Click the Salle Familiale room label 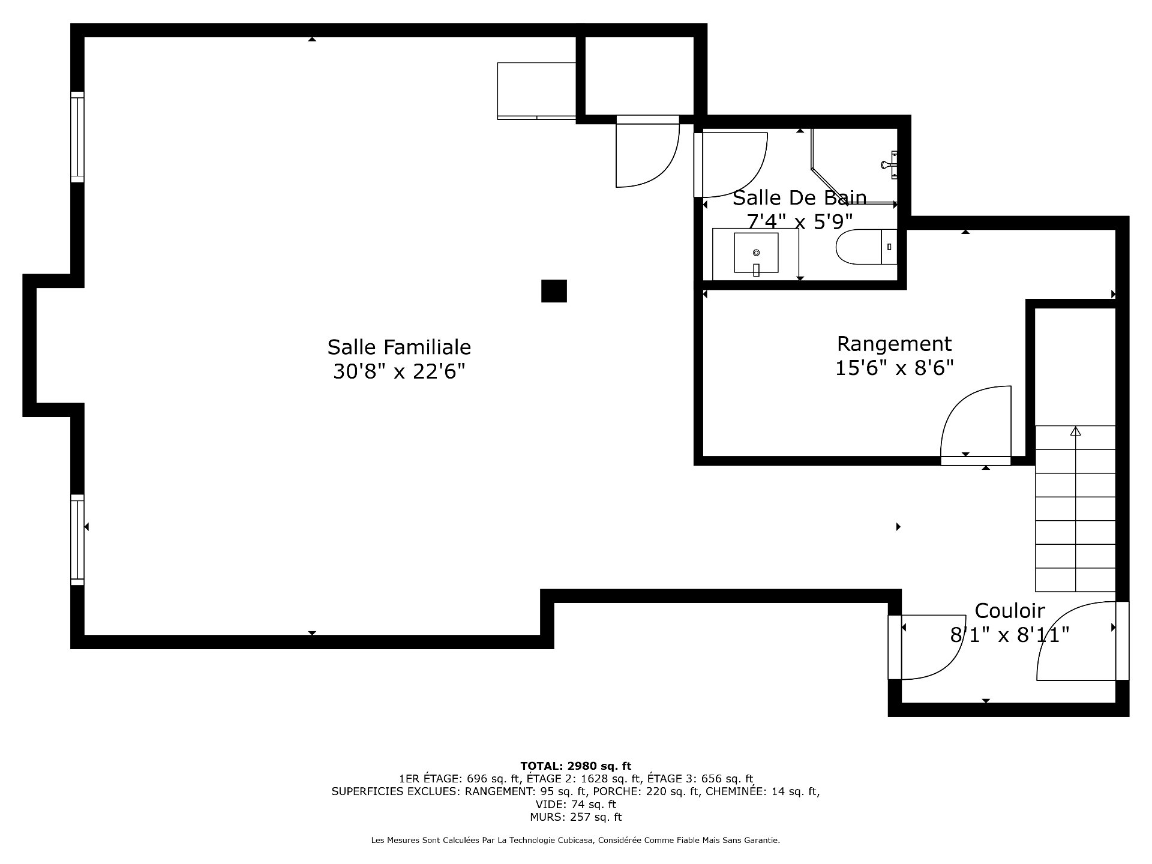tap(399, 347)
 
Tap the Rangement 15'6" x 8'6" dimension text tap(894, 368)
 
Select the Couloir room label tap(1010, 611)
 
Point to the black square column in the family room tap(554, 291)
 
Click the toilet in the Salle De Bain tap(866, 247)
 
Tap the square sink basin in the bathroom tap(756, 253)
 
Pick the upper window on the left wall tap(77, 137)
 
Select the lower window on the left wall tap(77, 539)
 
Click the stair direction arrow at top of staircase tap(1075, 431)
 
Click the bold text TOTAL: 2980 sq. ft tap(575, 766)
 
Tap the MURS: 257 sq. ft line tap(575, 817)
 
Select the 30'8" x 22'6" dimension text tap(399, 372)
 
